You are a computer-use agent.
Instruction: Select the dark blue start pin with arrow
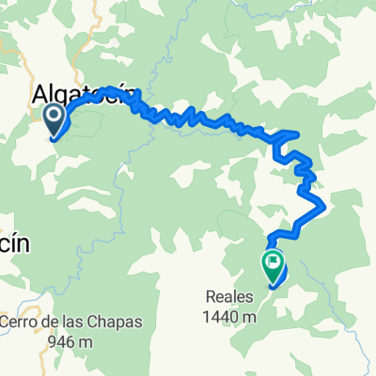click(x=54, y=119)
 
